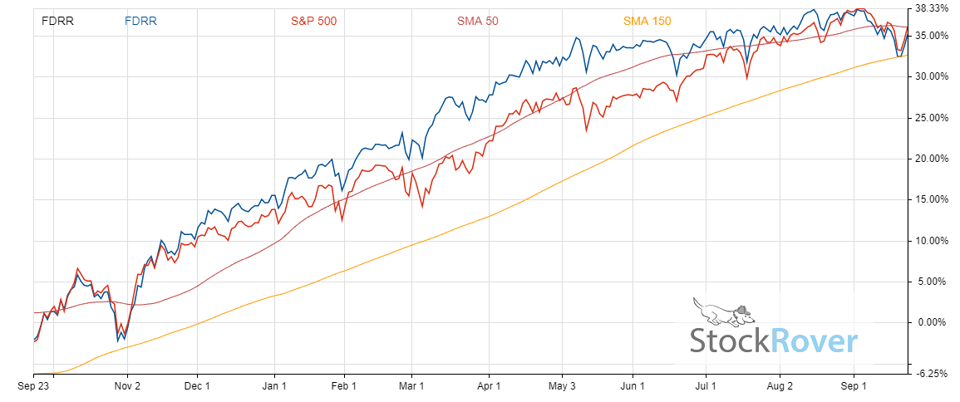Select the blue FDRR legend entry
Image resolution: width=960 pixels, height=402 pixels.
140,21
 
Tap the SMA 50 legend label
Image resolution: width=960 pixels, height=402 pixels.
477,21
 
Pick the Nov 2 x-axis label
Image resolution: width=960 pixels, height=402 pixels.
126,386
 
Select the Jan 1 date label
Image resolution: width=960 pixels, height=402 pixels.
274,386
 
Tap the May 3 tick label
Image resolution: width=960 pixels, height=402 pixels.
563,386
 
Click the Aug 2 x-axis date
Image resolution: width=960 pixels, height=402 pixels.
780,386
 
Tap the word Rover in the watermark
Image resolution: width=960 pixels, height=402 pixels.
814,341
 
